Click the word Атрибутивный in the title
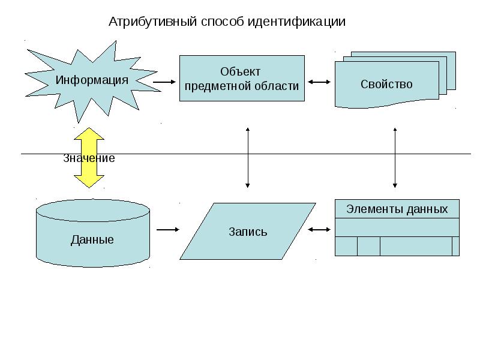152,22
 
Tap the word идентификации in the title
296,22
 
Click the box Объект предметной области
242,79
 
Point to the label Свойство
386,84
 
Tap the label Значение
89,158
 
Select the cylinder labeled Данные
93,233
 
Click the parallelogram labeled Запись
248,231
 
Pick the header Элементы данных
397,209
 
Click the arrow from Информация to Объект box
164,82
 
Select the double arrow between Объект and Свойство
319,82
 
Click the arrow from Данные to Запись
168,230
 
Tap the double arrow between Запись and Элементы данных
319,230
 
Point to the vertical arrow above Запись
248,158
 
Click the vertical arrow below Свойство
395,158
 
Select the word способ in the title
223,22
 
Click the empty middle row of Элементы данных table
397,227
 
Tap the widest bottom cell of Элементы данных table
416,246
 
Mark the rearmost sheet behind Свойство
452,70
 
